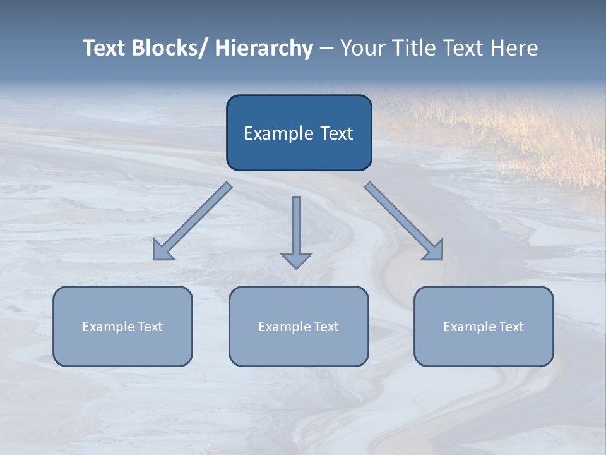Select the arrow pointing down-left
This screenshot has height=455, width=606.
(x=193, y=221)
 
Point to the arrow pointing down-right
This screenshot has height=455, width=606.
(x=404, y=221)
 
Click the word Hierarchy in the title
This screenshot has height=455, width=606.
(x=264, y=48)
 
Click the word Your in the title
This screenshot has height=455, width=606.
(x=364, y=48)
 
